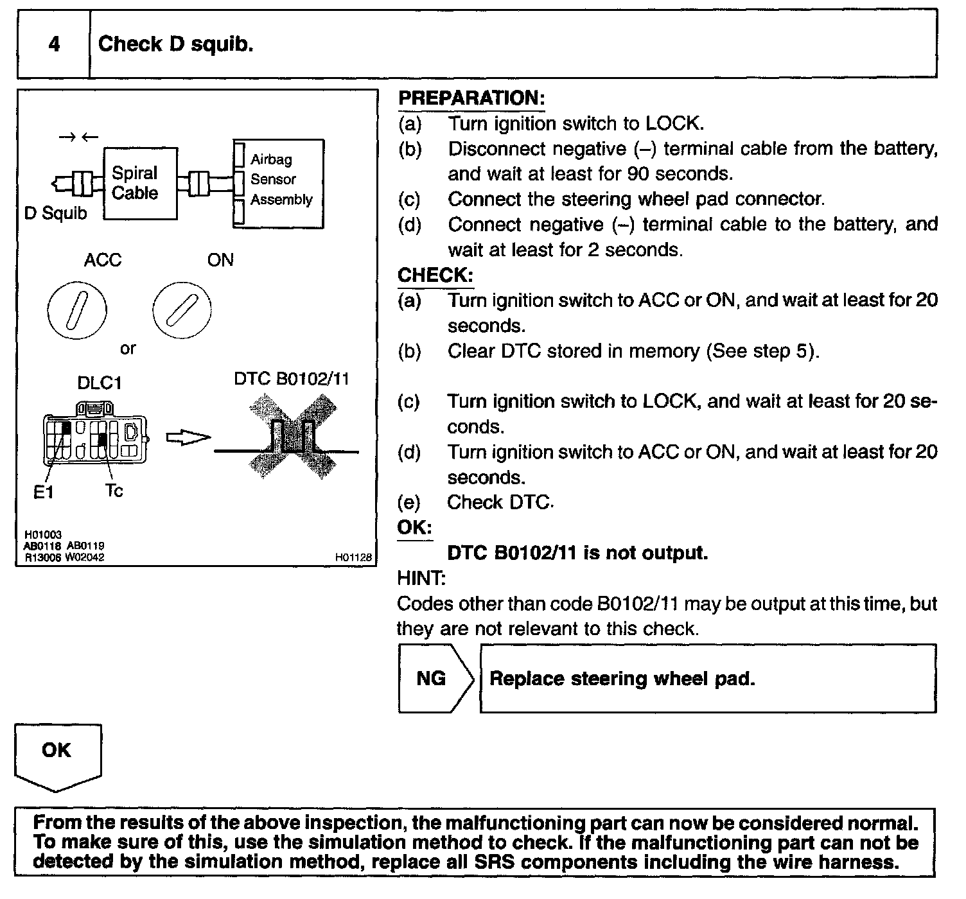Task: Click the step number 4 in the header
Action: coord(54,44)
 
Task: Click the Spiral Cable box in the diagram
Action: coord(140,183)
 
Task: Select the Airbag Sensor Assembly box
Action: coord(279,184)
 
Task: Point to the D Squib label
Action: coord(55,213)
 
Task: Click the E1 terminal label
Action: coord(43,493)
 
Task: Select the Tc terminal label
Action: coord(114,491)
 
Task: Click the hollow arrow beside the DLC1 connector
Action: coord(188,437)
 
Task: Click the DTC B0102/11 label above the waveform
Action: coord(292,379)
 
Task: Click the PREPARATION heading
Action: coord(471,98)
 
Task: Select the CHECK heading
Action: coord(435,275)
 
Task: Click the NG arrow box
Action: coord(435,679)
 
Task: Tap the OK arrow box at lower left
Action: coord(57,755)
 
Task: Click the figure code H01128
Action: coord(353,558)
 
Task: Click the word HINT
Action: coord(421,578)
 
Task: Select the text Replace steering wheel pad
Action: coord(622,679)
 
